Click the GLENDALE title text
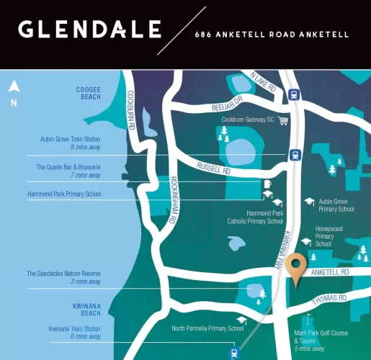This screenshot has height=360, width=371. point(89,30)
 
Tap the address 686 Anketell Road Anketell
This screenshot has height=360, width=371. point(272,34)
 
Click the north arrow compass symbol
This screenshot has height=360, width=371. point(13,89)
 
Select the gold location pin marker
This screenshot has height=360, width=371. point(294,267)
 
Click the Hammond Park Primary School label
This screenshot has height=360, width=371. point(64,194)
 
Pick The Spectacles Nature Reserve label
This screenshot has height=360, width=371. point(63,274)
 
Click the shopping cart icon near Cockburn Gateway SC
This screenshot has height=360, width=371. point(283,120)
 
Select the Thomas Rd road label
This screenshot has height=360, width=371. point(331,297)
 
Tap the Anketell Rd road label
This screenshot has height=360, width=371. point(331,272)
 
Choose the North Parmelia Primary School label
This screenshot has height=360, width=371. point(207,328)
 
